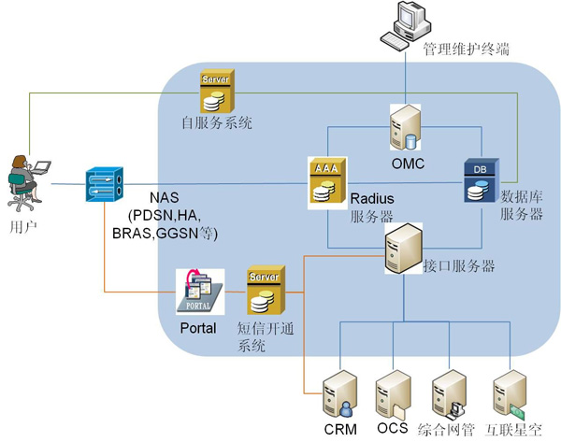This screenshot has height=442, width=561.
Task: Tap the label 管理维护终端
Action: pos(466,49)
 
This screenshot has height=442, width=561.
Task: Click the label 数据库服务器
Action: pos(521,206)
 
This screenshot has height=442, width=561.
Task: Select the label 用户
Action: pos(20,226)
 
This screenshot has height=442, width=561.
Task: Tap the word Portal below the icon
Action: pos(196,328)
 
